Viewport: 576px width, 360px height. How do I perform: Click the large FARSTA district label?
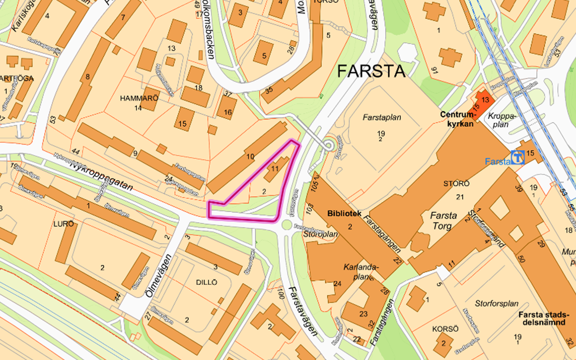(371, 71)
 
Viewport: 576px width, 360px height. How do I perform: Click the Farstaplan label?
(382, 117)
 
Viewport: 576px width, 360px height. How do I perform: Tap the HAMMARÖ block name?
(139, 97)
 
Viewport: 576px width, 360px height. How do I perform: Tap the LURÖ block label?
(64, 224)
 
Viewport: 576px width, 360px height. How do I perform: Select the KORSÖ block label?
(443, 329)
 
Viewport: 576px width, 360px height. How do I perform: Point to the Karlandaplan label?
(361, 271)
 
